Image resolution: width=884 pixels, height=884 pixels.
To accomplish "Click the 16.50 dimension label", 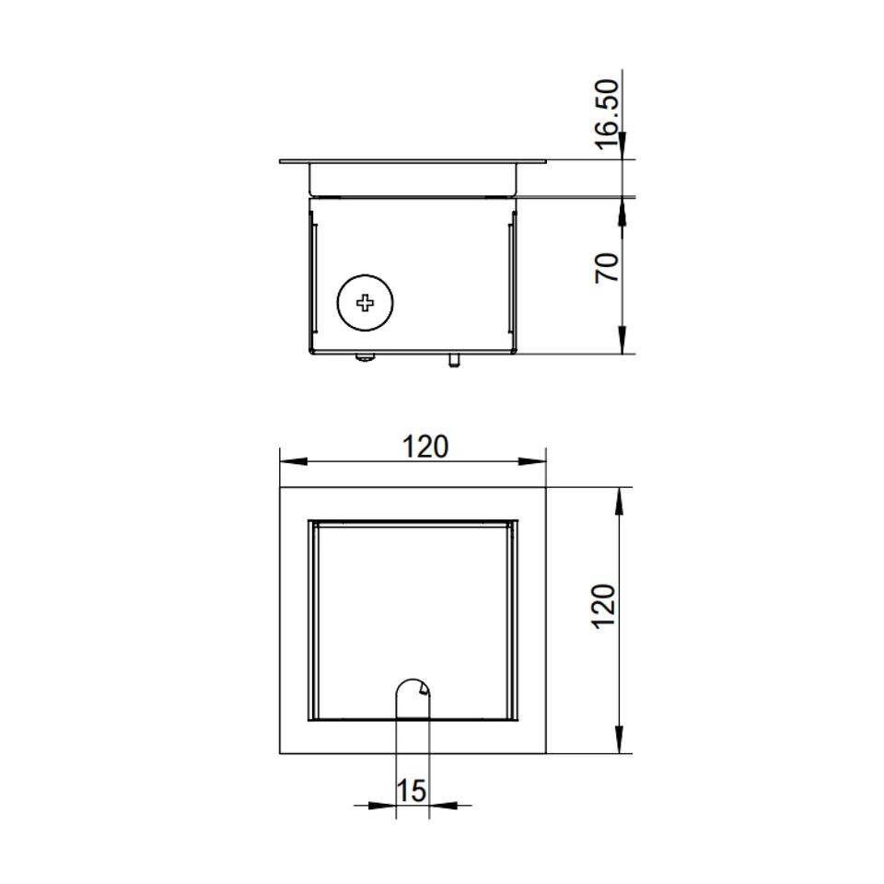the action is coord(607,114).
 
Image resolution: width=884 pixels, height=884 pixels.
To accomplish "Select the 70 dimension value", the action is coord(607,268).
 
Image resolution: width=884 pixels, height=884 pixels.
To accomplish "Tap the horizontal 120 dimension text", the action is coord(425,447).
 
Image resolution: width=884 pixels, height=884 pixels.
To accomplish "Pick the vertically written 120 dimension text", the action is coord(603,607).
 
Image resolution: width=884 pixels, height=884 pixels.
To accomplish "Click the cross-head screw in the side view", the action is coord(365,303).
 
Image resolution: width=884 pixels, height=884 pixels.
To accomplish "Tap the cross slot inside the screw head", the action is coord(365,303).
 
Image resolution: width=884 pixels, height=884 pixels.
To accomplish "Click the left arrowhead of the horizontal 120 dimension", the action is coord(294,461).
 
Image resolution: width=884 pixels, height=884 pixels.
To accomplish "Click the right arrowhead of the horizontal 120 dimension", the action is coord(532,461).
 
